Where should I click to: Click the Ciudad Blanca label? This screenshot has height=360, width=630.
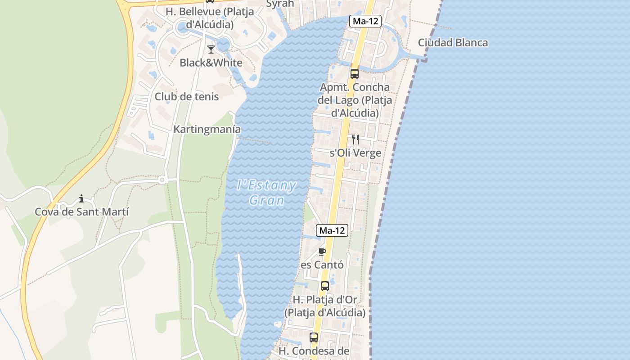coord(453,43)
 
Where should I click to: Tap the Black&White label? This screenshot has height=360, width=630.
coord(211,63)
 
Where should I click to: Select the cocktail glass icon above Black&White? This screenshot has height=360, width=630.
coord(211,49)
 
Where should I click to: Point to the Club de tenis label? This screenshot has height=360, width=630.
coord(187,97)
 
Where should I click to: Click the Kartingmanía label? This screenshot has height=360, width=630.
coord(207,130)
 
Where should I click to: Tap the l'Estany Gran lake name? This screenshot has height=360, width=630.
coord(267,192)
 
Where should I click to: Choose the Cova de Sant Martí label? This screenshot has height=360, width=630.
coord(82,211)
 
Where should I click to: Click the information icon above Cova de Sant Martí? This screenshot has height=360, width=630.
coord(81,198)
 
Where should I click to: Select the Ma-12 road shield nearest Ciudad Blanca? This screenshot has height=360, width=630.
coord(365,21)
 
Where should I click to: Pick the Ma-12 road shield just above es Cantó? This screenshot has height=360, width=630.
coord(333,230)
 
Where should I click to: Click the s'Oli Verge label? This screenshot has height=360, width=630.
coord(355,153)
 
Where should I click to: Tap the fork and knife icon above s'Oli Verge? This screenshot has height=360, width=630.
coord(355,139)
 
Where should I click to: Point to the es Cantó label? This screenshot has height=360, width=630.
coord(322,265)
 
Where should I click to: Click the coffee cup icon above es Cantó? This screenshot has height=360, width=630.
coord(322,252)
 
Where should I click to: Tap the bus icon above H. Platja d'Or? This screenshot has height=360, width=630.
coord(324,286)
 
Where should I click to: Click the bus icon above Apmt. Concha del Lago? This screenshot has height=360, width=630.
coord(355,74)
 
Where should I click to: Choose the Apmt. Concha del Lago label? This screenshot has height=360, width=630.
coord(355,100)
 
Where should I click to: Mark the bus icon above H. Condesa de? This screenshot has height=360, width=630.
coord(314,337)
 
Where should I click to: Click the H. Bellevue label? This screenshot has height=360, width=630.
coord(209,18)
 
